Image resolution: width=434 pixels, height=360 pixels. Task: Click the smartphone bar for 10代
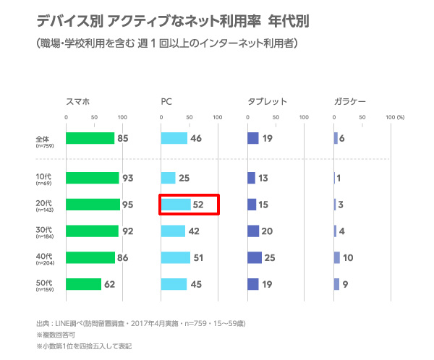[92, 178]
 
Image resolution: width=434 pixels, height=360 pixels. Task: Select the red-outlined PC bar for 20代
[176, 205]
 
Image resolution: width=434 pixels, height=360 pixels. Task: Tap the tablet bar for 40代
[254, 257]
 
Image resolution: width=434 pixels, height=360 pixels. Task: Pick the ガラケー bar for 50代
[336, 284]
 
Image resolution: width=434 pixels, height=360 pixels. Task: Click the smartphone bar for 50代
[83, 284]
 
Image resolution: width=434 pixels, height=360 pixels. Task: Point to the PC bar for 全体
[174, 138]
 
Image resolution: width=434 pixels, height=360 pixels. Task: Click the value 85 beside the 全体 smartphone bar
[123, 138]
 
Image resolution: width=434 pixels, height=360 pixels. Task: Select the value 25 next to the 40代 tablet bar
[271, 257]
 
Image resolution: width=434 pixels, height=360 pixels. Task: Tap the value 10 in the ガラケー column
[348, 257]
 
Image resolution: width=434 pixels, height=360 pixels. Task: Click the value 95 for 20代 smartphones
[128, 205]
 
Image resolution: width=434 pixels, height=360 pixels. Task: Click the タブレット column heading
[267, 102]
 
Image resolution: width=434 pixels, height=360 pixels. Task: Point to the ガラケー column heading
[350, 102]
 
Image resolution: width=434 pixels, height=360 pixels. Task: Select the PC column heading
[166, 102]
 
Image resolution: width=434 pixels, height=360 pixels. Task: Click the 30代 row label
[44, 230]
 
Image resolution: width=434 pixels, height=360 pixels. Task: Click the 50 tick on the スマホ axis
[94, 116]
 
